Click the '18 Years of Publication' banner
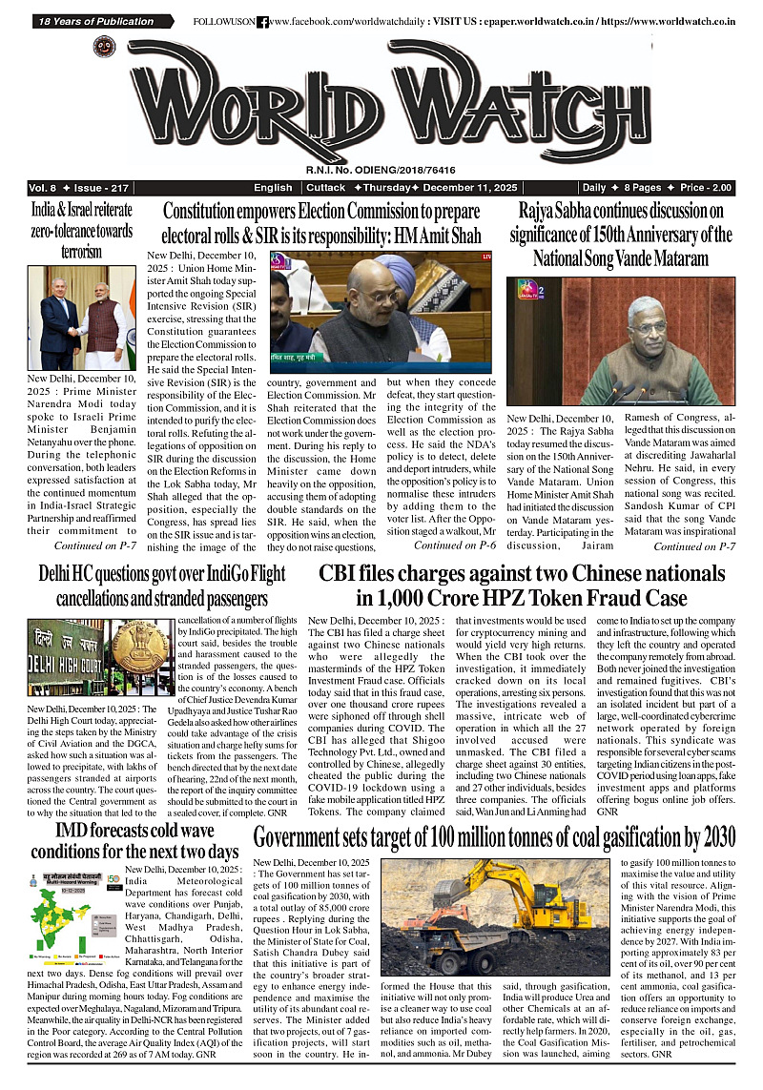96,21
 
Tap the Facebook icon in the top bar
262,21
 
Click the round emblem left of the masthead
104,48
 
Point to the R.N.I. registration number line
381,170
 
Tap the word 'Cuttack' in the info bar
326,188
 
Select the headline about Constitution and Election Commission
321,223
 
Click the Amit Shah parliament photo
381,306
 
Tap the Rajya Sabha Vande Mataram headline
621,234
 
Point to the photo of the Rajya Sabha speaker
621,340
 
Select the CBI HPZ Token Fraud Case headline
522,586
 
